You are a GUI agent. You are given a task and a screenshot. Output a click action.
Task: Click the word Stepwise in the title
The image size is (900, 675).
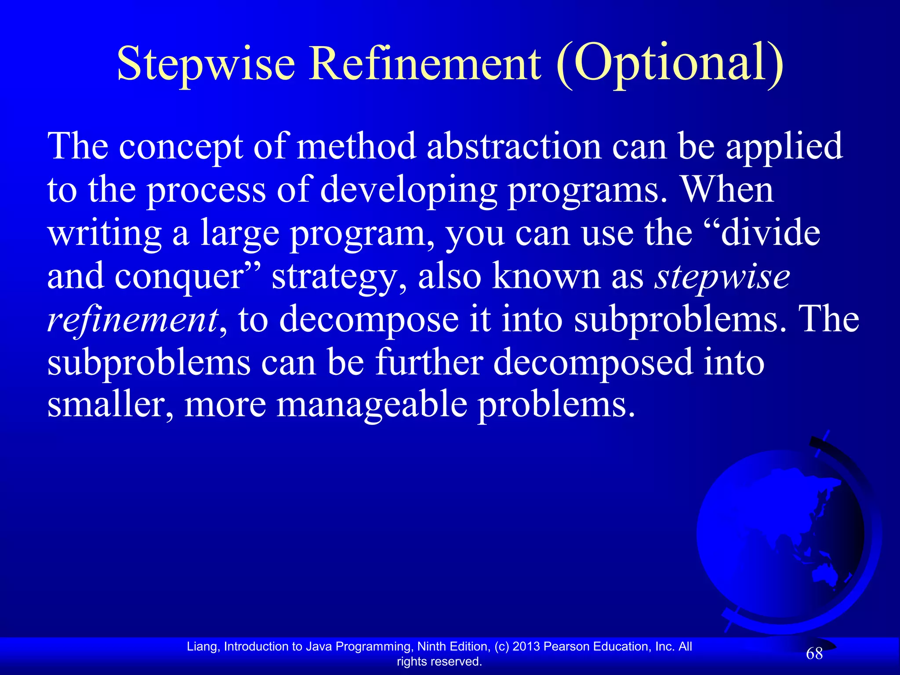click(x=206, y=65)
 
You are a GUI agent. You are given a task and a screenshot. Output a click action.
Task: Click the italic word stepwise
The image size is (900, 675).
click(x=722, y=277)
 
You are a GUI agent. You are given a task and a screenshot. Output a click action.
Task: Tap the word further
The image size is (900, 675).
click(x=429, y=362)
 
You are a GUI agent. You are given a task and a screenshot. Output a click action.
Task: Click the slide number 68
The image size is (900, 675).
click(x=814, y=654)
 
